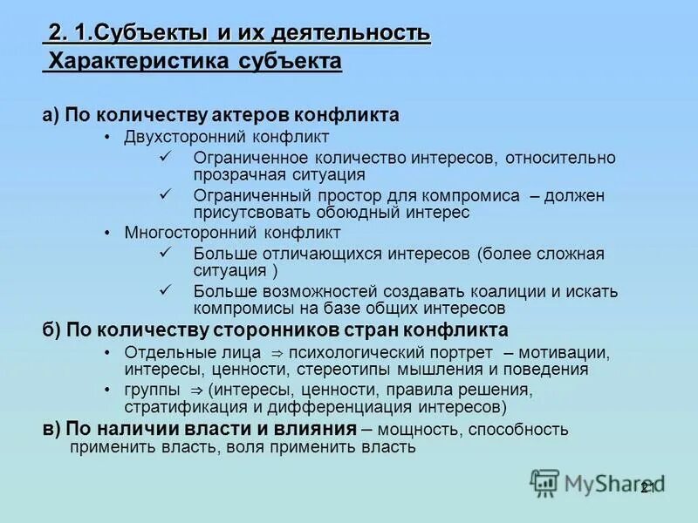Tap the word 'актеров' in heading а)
(x=247, y=115)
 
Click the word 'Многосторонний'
(x=181, y=233)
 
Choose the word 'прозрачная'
(x=234, y=174)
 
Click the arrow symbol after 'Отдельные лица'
(x=277, y=354)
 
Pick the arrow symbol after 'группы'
(x=195, y=391)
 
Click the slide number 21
(x=647, y=488)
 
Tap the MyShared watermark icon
(x=545, y=482)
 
